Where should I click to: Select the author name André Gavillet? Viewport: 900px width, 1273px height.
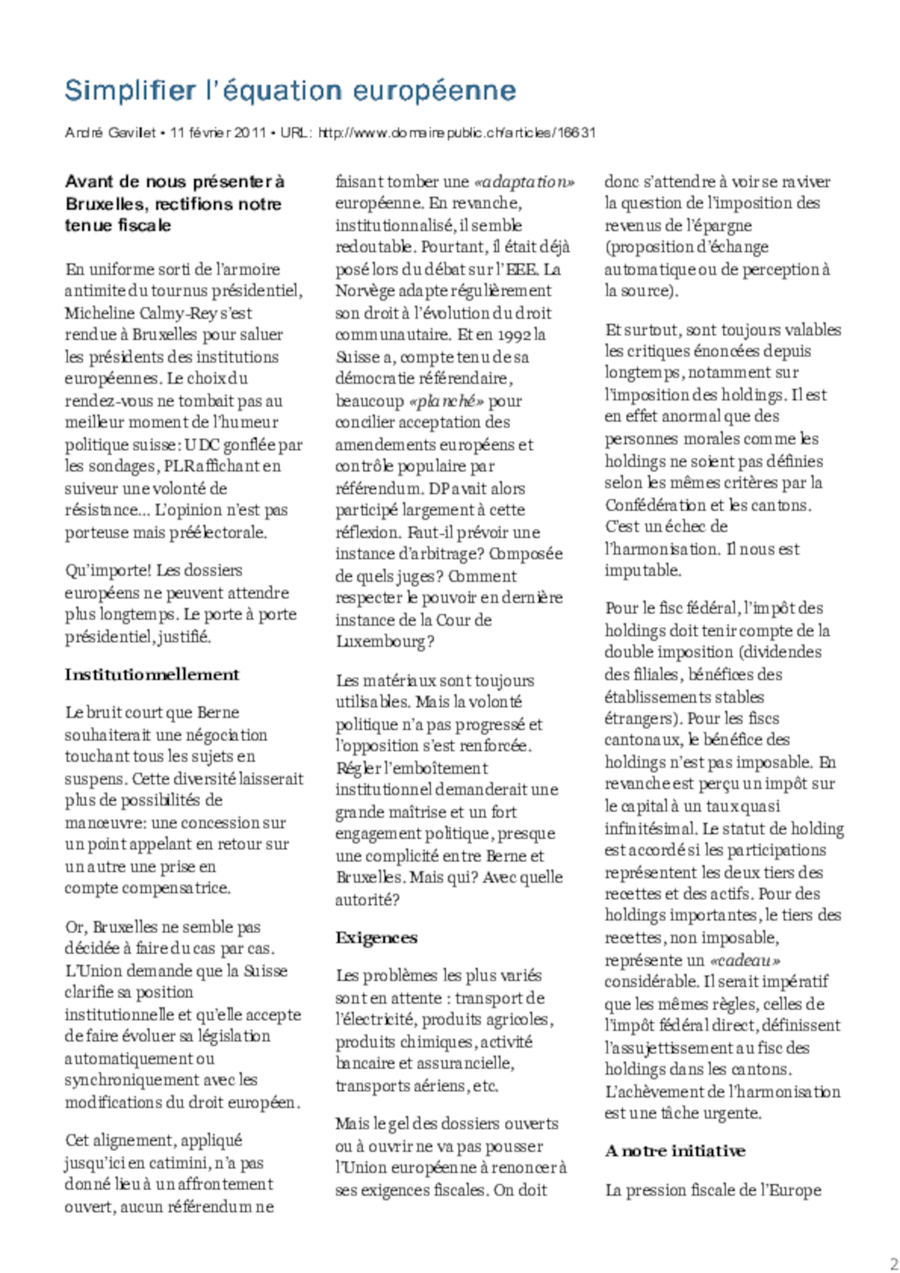[110, 133]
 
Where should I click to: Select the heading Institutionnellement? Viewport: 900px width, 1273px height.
[152, 675]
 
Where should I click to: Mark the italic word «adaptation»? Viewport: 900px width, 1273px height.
[525, 182]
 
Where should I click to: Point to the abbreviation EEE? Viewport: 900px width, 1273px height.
[523, 269]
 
